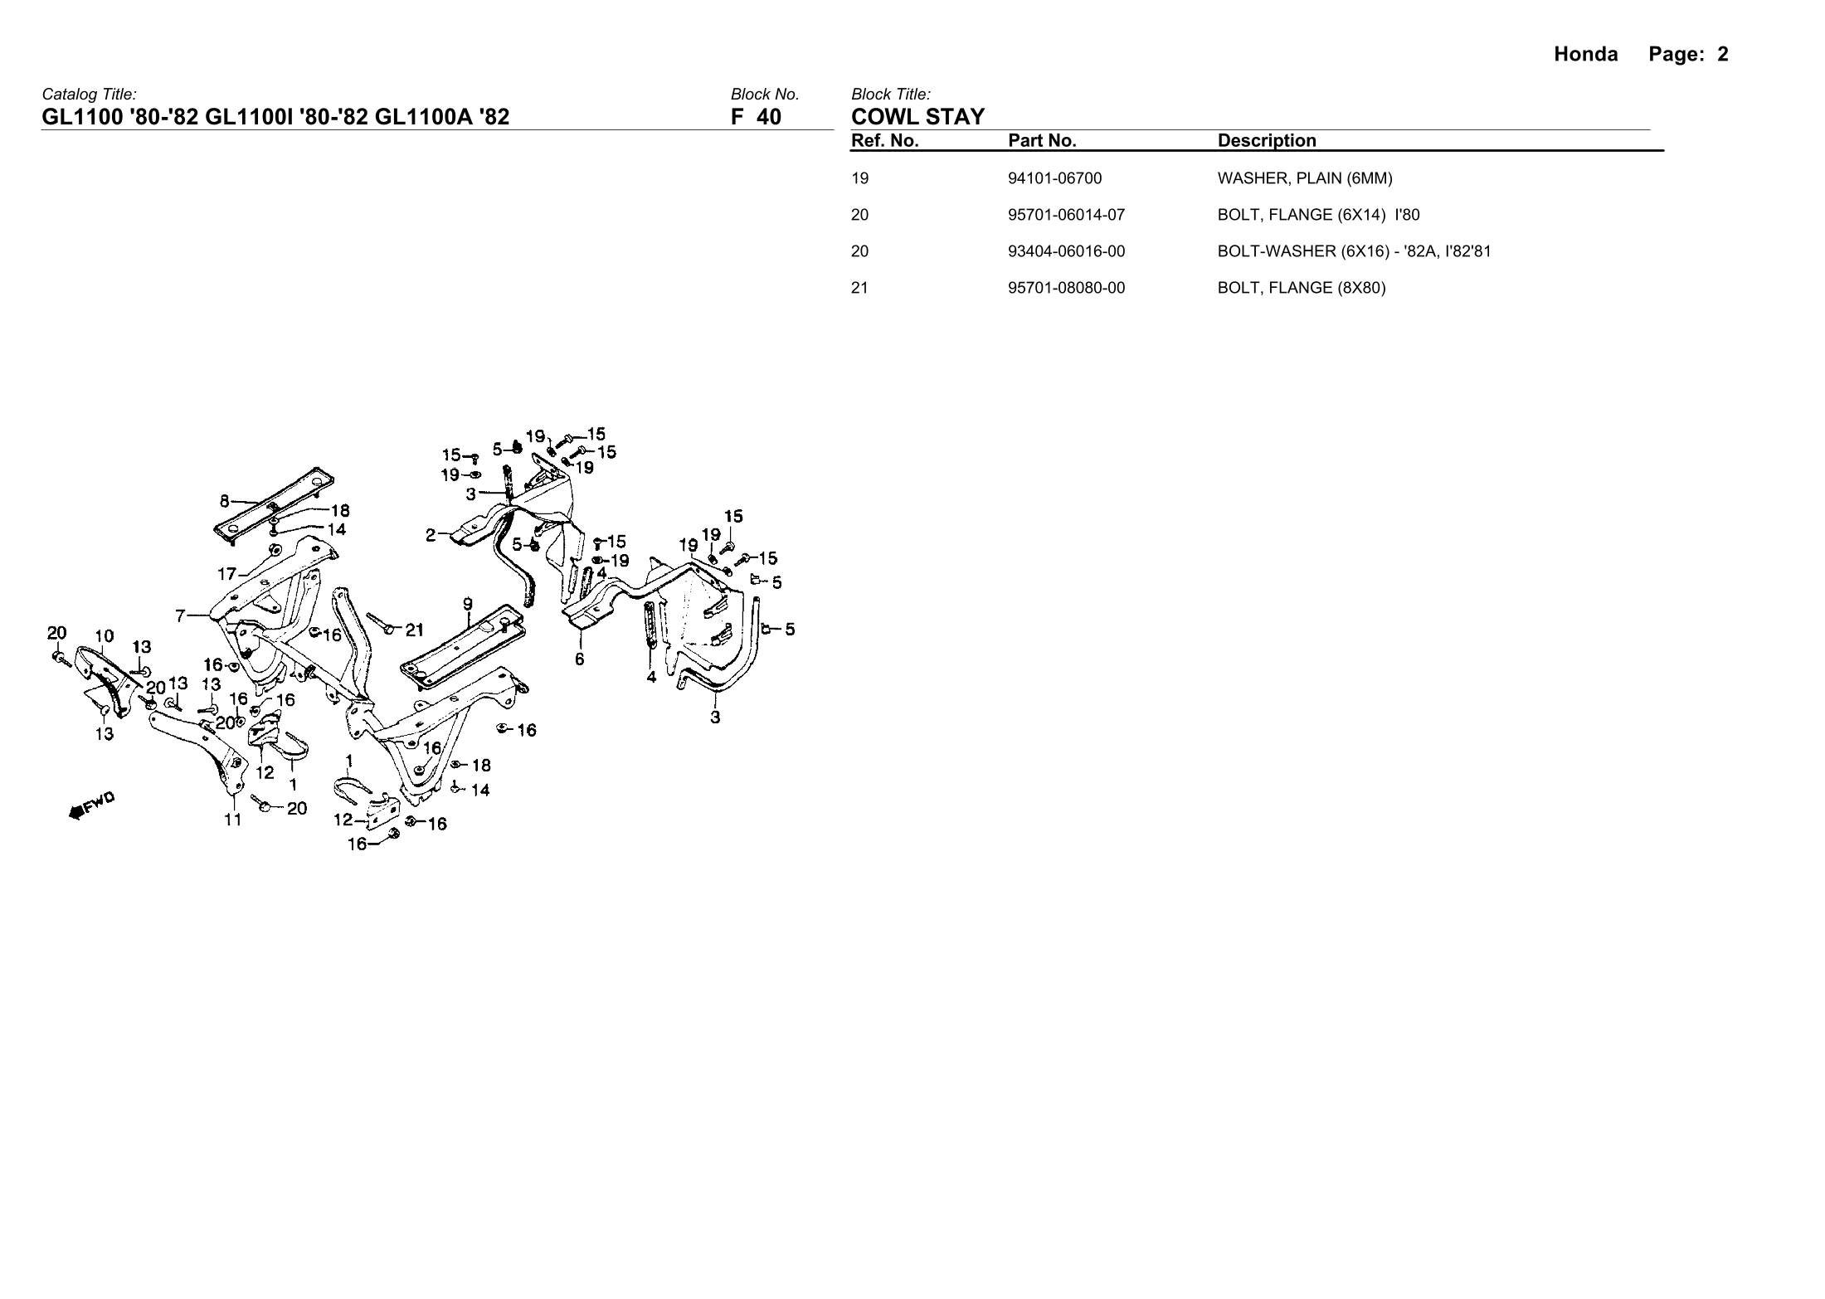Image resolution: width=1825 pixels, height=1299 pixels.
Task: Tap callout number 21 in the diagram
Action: click(415, 630)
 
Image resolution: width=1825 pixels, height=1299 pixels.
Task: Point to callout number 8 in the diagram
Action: click(224, 501)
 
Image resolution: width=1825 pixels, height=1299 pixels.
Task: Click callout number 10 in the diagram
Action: click(104, 636)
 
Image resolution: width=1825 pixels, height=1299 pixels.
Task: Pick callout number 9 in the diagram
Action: click(468, 604)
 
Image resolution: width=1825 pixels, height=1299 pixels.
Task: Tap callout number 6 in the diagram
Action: click(579, 659)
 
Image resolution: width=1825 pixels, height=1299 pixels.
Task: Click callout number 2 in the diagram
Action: click(431, 535)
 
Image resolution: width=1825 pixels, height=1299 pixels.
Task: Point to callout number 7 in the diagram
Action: click(180, 615)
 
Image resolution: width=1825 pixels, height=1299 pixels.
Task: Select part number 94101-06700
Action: click(1054, 178)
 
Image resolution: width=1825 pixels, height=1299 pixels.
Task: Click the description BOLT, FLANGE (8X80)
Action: click(1301, 288)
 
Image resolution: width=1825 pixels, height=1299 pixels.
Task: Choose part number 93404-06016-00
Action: click(1066, 251)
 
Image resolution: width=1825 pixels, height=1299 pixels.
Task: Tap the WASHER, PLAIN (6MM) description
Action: click(1304, 178)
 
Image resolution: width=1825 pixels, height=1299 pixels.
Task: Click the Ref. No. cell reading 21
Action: click(859, 288)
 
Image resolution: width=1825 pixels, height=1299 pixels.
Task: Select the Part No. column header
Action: click(1042, 141)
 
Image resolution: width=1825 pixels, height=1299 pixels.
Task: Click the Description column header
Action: click(1266, 141)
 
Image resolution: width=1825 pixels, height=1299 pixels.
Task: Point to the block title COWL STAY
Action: click(917, 117)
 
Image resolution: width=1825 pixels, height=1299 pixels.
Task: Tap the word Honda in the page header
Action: click(1585, 55)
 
